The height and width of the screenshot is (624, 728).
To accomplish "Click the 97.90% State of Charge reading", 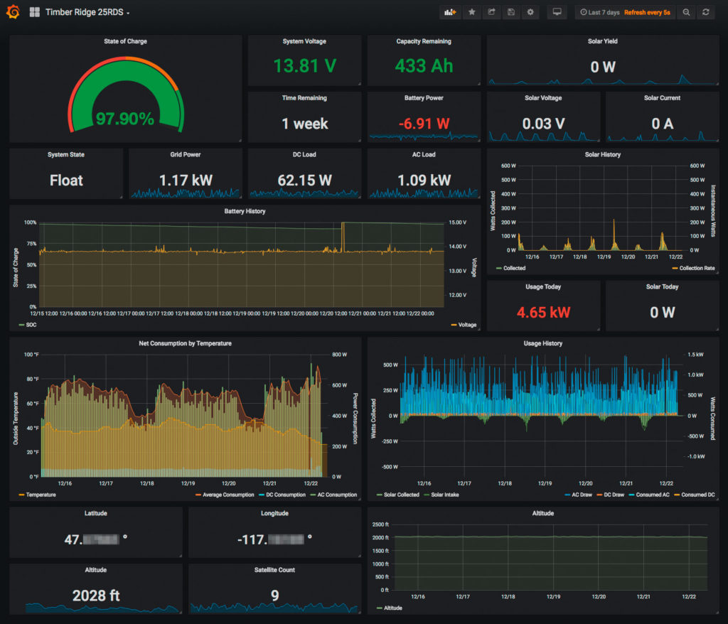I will click(125, 119).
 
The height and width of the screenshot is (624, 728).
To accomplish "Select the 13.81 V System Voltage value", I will click(304, 66).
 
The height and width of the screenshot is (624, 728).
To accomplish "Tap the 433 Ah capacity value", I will click(424, 66).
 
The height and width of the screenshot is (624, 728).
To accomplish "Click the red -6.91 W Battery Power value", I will click(424, 124).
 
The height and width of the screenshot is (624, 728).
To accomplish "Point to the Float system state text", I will click(66, 181).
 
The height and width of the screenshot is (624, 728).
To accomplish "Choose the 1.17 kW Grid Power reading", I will click(186, 181).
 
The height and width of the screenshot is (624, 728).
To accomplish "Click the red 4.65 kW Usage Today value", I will click(543, 312).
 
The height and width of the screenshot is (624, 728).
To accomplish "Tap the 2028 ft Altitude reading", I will click(96, 596).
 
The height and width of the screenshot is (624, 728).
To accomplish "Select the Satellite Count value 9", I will click(274, 596).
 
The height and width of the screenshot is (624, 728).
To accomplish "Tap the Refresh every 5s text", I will click(647, 13).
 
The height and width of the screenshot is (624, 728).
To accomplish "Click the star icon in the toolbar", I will click(471, 13).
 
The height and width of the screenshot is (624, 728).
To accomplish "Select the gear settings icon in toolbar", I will click(530, 13).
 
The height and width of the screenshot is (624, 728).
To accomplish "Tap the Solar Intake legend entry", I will click(442, 495).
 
